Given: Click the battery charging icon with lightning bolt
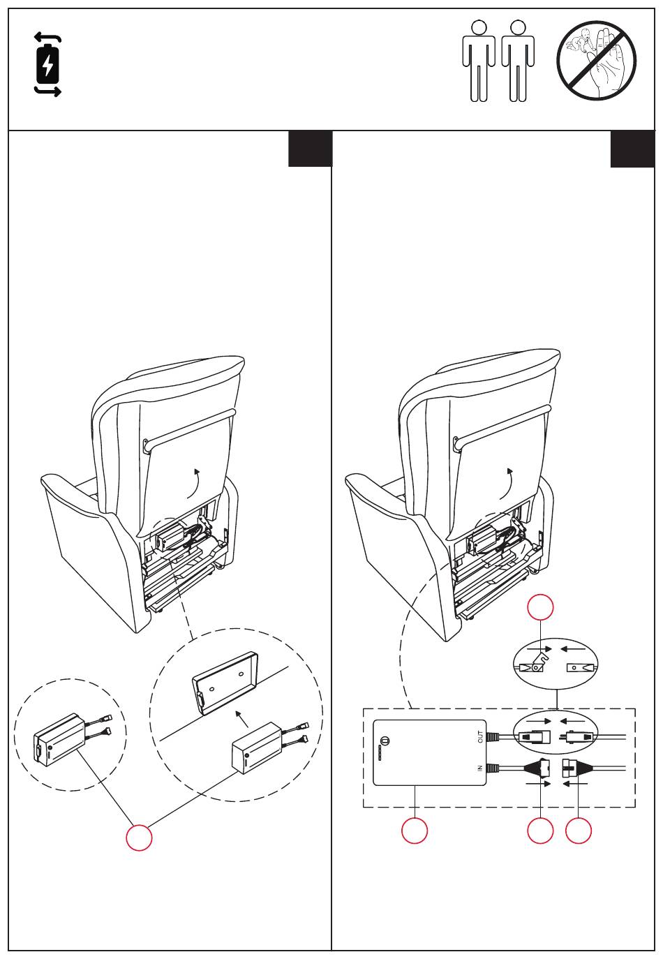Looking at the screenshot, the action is click(x=47, y=65).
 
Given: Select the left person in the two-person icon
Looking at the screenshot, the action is click(x=479, y=61).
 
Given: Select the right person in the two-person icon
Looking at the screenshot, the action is click(x=517, y=61).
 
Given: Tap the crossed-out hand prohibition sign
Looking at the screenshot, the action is click(x=596, y=60).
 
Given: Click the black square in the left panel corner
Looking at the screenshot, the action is click(x=310, y=149).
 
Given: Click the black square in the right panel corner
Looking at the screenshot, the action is click(x=632, y=149).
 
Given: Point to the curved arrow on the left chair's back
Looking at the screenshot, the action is click(x=194, y=484).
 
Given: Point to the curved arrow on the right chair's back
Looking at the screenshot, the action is click(x=507, y=484).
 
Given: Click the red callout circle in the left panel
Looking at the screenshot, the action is click(x=139, y=837).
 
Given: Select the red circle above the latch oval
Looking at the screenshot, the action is click(x=540, y=607).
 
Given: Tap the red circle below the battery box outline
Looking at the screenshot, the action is click(x=415, y=831).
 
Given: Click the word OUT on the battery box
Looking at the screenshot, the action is click(x=480, y=737).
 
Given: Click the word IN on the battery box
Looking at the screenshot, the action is click(x=480, y=768).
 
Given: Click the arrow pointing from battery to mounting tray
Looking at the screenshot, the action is click(x=243, y=719).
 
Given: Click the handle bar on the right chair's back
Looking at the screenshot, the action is click(x=502, y=428).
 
